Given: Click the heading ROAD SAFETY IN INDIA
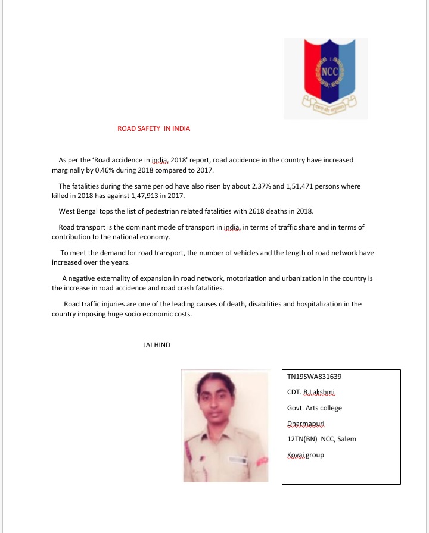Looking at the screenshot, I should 154,128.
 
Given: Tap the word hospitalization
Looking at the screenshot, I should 309,304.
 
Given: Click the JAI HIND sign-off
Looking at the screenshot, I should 157,345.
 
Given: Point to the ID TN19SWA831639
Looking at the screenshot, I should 314,377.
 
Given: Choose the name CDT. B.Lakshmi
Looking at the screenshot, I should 312,393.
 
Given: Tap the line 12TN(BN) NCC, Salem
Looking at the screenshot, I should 322,439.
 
